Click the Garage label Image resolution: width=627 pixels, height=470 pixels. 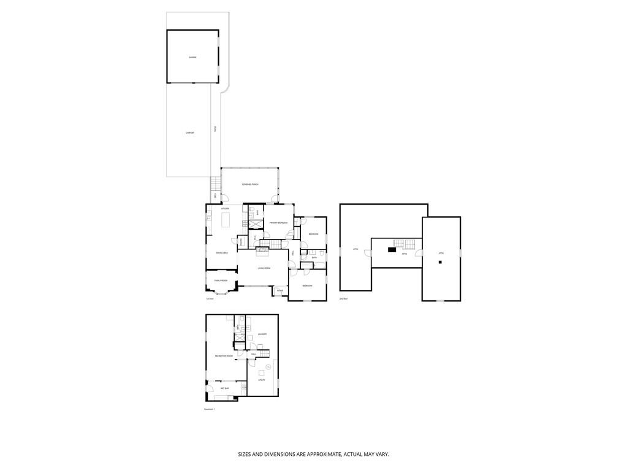pyautogui.click(x=192, y=57)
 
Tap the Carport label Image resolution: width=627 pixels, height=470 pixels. pyautogui.click(x=190, y=132)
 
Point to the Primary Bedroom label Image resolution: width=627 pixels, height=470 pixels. pyautogui.click(x=278, y=222)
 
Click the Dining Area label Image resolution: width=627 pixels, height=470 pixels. pyautogui.click(x=221, y=252)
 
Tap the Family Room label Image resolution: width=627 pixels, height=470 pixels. pyautogui.click(x=221, y=280)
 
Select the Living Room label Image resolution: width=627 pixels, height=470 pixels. pyautogui.click(x=264, y=268)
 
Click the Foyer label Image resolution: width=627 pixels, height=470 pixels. pyautogui.click(x=279, y=290)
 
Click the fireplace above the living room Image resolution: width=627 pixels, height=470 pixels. pyautogui.click(x=263, y=249)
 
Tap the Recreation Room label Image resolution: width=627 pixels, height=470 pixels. pyautogui.click(x=223, y=355)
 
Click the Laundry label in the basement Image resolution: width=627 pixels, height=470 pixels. pyautogui.click(x=262, y=334)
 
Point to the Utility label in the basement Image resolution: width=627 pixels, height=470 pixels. pyautogui.click(x=261, y=380)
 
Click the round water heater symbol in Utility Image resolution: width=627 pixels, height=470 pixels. pyautogui.click(x=268, y=366)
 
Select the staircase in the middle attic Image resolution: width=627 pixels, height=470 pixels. pyautogui.click(x=400, y=244)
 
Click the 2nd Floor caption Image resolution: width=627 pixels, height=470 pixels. pyautogui.click(x=343, y=298)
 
